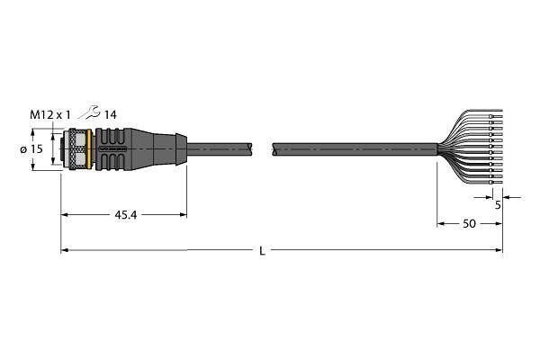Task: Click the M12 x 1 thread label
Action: [49, 114]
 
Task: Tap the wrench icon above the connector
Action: [89, 112]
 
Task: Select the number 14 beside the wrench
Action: [110, 114]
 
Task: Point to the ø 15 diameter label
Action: [31, 149]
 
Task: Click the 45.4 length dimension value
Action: [125, 215]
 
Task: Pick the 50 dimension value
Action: [469, 224]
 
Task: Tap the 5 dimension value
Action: [498, 205]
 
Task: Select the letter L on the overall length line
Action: [263, 251]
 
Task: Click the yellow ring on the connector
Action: [89, 149]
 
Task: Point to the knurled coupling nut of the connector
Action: [77, 149]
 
